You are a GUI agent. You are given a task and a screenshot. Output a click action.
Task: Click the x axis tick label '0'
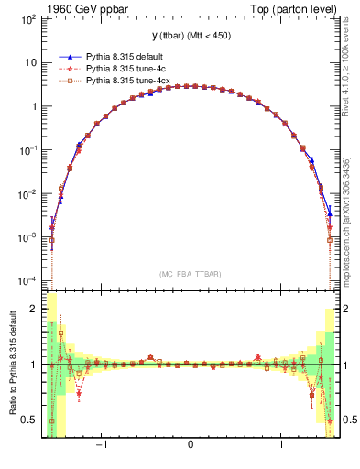pos(190,447)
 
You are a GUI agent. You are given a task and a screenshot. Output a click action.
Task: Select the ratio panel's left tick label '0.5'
pos(28,420)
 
